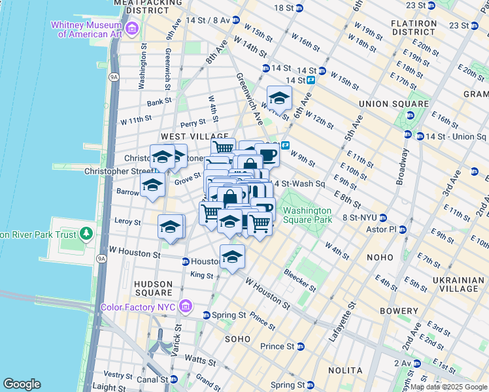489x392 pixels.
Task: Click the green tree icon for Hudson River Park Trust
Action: [86, 233]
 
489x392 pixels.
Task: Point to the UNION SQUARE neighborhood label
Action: [393, 104]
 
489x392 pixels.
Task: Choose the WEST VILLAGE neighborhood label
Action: [185, 137]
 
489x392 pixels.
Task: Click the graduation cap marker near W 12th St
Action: [279, 99]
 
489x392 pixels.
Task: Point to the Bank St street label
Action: [159, 102]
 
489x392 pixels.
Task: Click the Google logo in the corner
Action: [22, 384]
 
